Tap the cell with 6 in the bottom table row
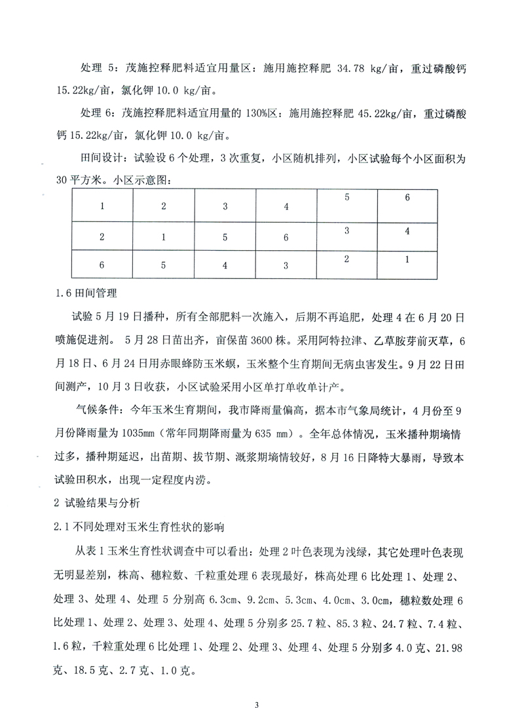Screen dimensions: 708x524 (102, 266)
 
